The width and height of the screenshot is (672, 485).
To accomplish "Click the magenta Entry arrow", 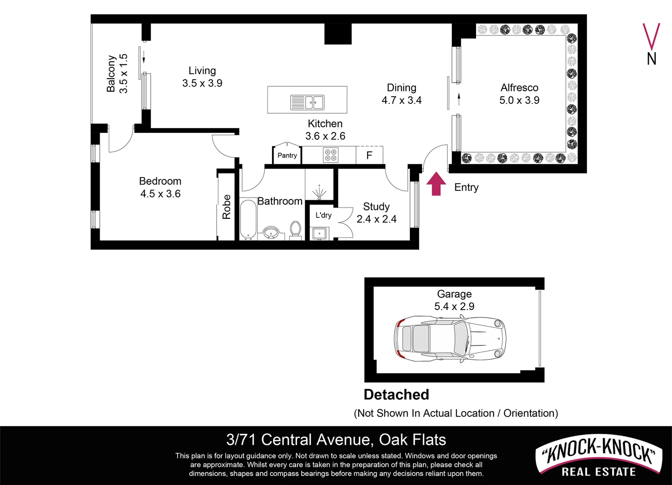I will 436,184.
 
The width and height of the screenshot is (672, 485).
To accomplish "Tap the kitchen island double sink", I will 307,102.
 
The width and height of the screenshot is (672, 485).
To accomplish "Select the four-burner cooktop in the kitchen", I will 331,155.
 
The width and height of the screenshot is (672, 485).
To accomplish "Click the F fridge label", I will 369,155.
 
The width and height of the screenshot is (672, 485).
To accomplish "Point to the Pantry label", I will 287,155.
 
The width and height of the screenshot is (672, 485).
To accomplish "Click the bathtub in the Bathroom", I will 248,219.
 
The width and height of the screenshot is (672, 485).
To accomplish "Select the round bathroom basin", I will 271,233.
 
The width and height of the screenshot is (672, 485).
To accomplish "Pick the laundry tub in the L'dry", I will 320,233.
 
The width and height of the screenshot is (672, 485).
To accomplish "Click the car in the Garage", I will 450,337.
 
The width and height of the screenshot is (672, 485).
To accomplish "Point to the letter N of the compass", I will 651,59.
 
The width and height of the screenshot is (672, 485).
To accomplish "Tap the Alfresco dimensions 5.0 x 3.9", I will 519,100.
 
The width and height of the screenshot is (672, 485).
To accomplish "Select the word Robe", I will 227,207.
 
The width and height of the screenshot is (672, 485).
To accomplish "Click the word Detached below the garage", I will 396,394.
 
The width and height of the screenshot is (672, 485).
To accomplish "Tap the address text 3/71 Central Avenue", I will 299,439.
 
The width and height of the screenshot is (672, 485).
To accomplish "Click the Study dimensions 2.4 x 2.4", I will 376,219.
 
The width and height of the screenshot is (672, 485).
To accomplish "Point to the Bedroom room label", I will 160,181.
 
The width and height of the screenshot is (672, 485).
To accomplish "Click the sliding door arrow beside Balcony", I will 145,57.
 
